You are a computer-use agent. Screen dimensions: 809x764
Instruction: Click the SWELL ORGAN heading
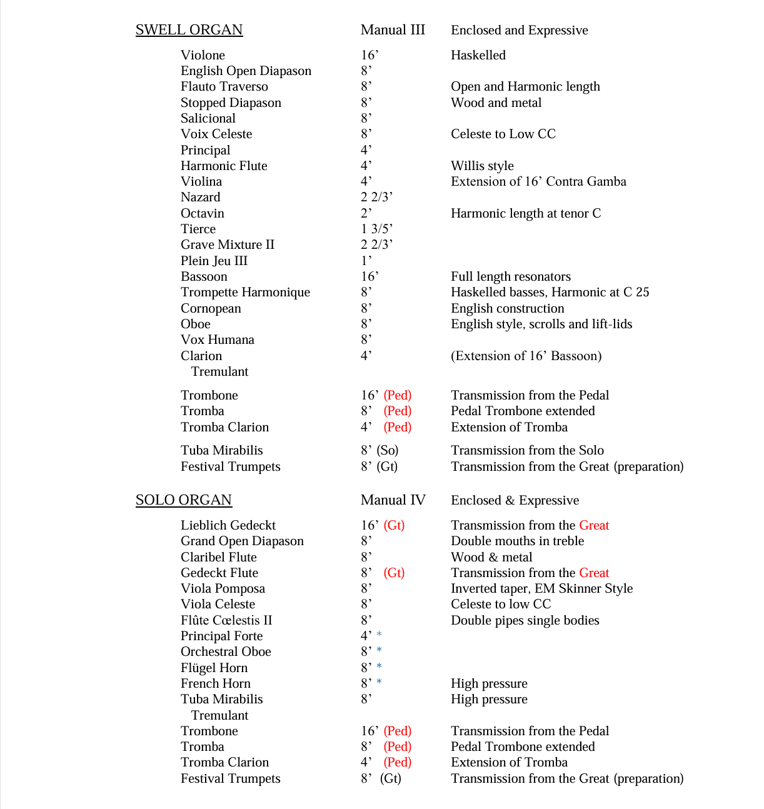pyautogui.click(x=189, y=30)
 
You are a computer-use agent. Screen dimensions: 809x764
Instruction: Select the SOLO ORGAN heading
pyautogui.click(x=183, y=500)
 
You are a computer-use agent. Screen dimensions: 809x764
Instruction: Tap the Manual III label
pyautogui.click(x=393, y=30)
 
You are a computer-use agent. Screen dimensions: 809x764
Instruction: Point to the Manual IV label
pyautogui.click(x=393, y=500)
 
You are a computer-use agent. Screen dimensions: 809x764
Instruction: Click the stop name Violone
pyautogui.click(x=203, y=55)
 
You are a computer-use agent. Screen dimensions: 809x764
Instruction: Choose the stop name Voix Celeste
pyautogui.click(x=216, y=134)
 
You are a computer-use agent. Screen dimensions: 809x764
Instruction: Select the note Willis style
pyautogui.click(x=482, y=166)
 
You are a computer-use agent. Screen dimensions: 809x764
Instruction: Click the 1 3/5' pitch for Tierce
pyautogui.click(x=376, y=229)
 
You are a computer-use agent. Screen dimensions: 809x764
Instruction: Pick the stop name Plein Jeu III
pyautogui.click(x=214, y=261)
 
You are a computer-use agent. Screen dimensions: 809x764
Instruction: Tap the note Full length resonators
pyautogui.click(x=511, y=276)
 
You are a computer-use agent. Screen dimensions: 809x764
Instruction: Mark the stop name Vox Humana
pyautogui.click(x=218, y=339)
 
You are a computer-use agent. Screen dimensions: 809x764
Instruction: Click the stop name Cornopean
pyautogui.click(x=211, y=308)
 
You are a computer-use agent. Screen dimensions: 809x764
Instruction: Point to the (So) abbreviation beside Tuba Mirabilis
pyautogui.click(x=388, y=450)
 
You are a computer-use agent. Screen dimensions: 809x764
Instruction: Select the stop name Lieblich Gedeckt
pyautogui.click(x=228, y=525)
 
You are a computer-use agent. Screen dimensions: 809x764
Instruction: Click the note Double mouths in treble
pyautogui.click(x=517, y=541)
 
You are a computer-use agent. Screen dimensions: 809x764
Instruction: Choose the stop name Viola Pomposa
pyautogui.click(x=223, y=588)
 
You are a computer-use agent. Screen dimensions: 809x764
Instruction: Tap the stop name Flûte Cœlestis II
pyautogui.click(x=226, y=620)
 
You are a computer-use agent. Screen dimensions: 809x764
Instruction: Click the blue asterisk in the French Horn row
pyautogui.click(x=379, y=682)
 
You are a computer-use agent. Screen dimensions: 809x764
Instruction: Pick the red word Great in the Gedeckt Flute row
pyautogui.click(x=594, y=573)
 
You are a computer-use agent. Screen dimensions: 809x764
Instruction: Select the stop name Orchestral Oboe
pyautogui.click(x=226, y=651)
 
